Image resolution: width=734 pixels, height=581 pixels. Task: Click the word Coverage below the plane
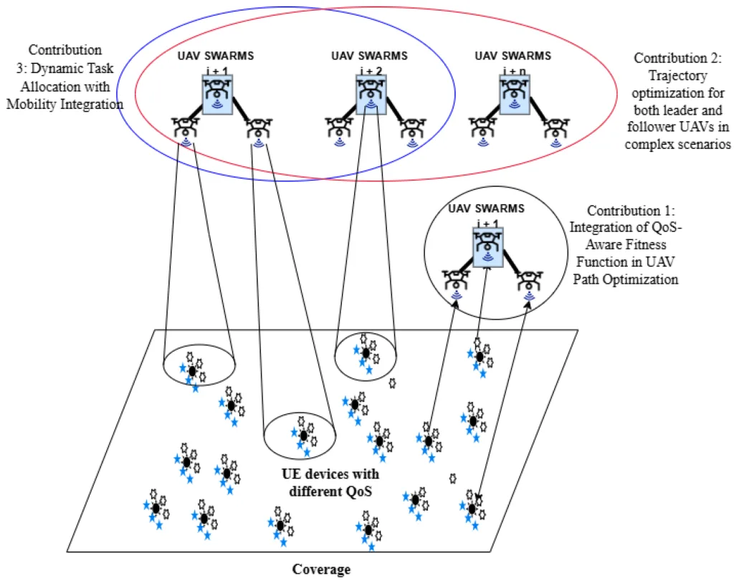pos(322,570)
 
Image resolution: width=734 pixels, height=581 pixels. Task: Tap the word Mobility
pos(42,105)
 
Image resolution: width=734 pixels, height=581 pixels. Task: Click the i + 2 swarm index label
pos(369,71)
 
